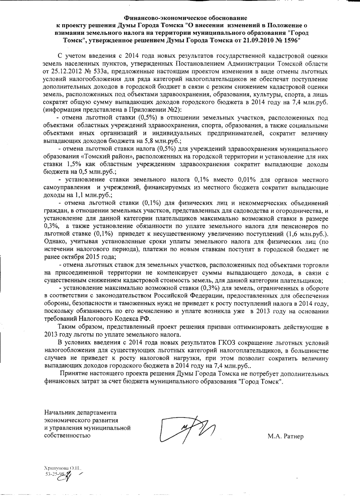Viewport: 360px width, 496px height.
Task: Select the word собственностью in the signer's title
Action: [67, 435]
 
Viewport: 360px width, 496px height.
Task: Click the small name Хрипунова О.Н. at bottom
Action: [60, 468]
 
